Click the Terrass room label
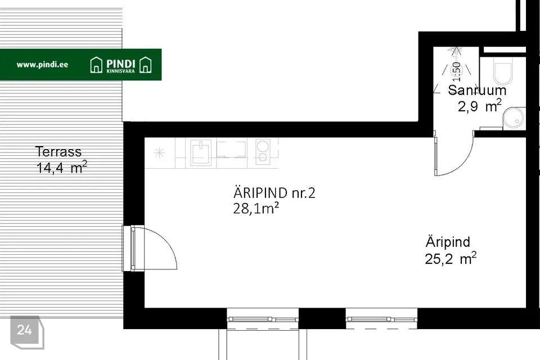[x=58, y=151]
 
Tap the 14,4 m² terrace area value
[x=62, y=168]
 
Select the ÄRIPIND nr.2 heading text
[x=274, y=192]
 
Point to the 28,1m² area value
[x=256, y=209]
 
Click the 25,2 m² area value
[x=451, y=258]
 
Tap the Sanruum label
[x=477, y=90]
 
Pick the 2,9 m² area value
[x=479, y=106]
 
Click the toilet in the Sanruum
[x=503, y=71]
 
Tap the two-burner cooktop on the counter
[x=263, y=151]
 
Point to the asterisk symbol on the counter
[x=159, y=152]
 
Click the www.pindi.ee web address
[x=42, y=65]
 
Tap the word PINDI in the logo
[x=120, y=64]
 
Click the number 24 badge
[x=24, y=330]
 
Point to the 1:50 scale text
[x=456, y=71]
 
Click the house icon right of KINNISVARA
[x=145, y=65]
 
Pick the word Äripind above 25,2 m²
[x=448, y=242]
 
